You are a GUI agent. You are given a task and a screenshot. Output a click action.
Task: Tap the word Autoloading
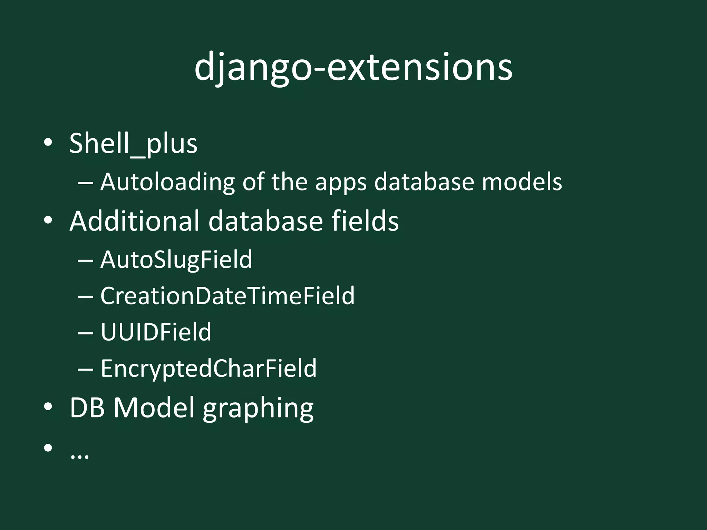(167, 182)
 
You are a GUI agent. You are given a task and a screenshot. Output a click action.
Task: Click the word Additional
(135, 221)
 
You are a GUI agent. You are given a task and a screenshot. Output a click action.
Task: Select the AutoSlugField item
(176, 259)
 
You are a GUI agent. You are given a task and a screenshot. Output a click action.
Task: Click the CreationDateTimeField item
(227, 296)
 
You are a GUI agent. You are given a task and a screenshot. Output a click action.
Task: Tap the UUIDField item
(156, 332)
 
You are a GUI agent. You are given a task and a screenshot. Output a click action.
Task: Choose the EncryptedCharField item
(209, 368)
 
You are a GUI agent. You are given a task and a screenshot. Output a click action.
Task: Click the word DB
(87, 408)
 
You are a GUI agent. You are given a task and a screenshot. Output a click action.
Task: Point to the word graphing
(258, 409)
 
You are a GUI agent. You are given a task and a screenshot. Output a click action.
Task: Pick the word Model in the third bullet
(154, 408)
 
